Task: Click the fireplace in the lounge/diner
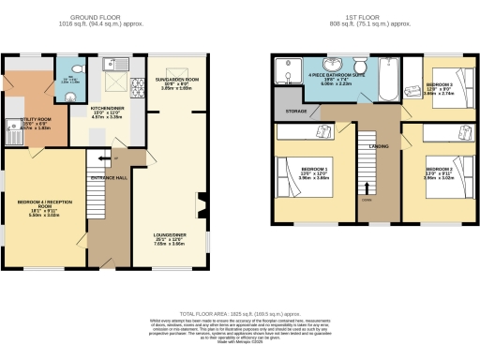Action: click(x=200, y=202)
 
